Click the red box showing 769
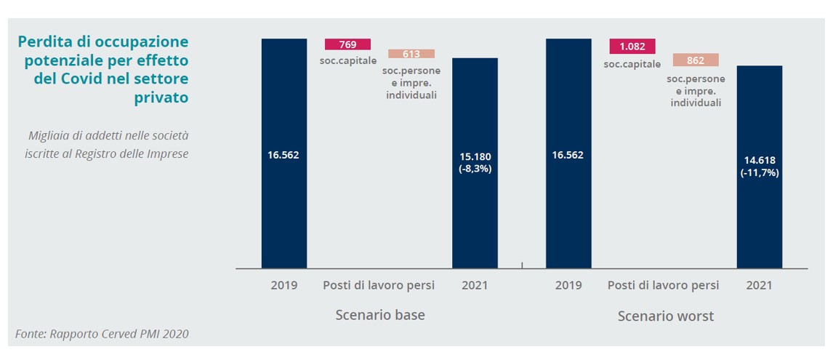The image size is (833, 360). click(x=347, y=44)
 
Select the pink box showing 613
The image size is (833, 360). click(x=411, y=54)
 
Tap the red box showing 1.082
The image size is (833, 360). click(x=632, y=47)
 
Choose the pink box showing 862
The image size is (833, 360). click(x=696, y=60)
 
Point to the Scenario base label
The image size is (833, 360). click(x=379, y=316)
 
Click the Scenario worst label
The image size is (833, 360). click(x=665, y=316)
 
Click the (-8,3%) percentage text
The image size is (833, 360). click(x=475, y=169)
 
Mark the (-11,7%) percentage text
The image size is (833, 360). click(x=759, y=173)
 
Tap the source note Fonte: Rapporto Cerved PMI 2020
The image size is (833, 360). click(x=102, y=335)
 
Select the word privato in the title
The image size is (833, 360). click(x=161, y=97)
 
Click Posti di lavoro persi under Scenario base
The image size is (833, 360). click(x=379, y=285)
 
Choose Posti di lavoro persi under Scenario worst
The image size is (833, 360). click(x=663, y=285)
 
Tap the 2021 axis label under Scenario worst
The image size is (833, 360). click(x=759, y=285)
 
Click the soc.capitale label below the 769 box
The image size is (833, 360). click(x=348, y=60)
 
